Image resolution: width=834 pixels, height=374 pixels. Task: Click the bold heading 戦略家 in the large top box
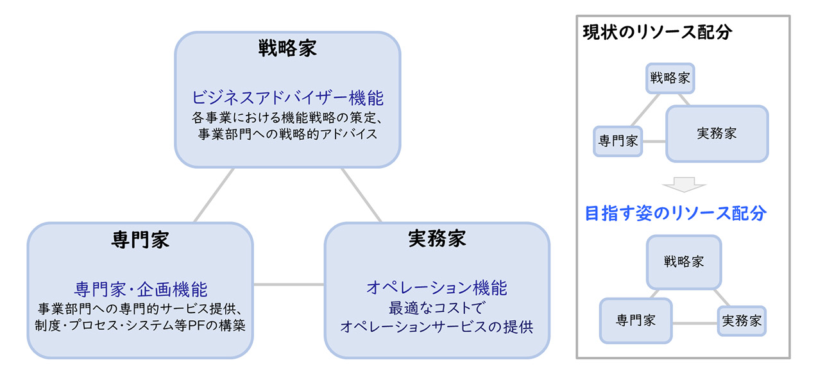[x=287, y=49]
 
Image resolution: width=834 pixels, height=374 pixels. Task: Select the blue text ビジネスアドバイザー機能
[x=287, y=98]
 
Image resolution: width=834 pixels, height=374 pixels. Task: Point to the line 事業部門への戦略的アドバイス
[x=287, y=135]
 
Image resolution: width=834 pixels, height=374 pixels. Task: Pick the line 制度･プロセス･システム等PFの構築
[x=140, y=325]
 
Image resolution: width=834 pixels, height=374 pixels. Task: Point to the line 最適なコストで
[x=437, y=307]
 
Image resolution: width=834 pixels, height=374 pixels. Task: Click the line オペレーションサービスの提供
[x=437, y=326]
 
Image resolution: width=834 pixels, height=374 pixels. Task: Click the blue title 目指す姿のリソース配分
[x=676, y=214]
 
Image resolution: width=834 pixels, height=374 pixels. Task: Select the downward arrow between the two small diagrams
[x=684, y=186]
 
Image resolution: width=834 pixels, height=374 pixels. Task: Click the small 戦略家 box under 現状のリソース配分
[x=670, y=78]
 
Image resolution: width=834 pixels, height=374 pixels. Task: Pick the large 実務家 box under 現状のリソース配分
[x=717, y=133]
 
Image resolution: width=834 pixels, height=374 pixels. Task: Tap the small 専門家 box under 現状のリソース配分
[x=618, y=141]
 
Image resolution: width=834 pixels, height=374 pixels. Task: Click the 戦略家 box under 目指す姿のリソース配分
[x=684, y=262]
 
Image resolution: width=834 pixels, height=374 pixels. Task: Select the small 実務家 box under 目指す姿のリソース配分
[x=742, y=321]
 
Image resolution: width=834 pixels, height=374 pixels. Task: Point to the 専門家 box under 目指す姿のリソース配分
[x=636, y=321]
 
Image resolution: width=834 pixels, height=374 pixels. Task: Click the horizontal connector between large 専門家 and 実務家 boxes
[x=289, y=284]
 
